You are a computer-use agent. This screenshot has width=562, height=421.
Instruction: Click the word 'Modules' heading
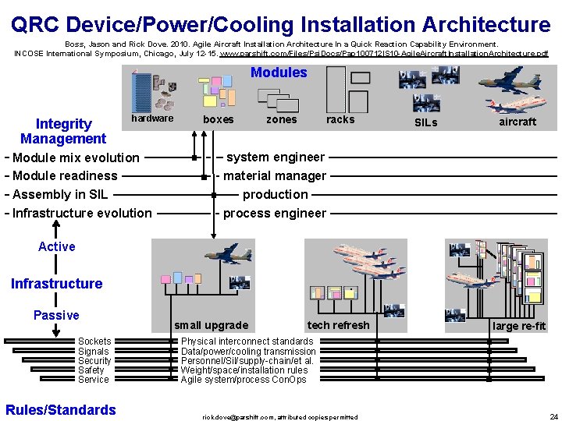(279, 73)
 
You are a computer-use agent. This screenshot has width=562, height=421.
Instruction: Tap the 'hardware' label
(152, 119)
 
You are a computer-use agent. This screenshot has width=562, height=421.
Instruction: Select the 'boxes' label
(218, 119)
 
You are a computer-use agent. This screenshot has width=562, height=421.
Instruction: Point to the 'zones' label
(281, 119)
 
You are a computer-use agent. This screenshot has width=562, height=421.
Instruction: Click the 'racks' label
(340, 119)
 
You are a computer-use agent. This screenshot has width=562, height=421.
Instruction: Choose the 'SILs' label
(425, 122)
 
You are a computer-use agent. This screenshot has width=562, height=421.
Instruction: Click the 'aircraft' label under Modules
(518, 122)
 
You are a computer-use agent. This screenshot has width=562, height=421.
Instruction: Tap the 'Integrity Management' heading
(63, 131)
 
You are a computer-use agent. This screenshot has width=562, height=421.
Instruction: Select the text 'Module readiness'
(66, 175)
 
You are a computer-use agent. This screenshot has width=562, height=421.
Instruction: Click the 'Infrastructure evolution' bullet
(83, 213)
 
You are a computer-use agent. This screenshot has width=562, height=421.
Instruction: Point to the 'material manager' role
(275, 175)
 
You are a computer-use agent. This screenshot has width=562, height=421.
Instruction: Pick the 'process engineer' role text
(275, 213)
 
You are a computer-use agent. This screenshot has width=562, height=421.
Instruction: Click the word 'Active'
(57, 246)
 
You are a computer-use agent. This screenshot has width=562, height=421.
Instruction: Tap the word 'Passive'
(56, 315)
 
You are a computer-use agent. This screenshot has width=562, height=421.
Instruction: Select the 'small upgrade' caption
(211, 325)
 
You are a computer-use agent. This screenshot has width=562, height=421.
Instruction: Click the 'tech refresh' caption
(338, 325)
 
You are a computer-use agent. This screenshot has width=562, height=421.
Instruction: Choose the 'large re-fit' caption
(518, 326)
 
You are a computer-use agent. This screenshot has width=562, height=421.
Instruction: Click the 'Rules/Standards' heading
(61, 409)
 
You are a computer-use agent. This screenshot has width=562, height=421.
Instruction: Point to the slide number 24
(553, 416)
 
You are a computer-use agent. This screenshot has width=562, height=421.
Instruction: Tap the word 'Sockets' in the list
(94, 341)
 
